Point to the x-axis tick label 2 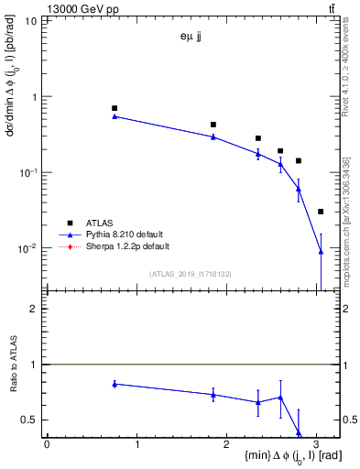point(226,444)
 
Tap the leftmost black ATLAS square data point point(115,108)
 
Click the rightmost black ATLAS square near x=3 point(321,212)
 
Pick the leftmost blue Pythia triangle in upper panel point(115,116)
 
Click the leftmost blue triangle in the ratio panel point(115,384)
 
